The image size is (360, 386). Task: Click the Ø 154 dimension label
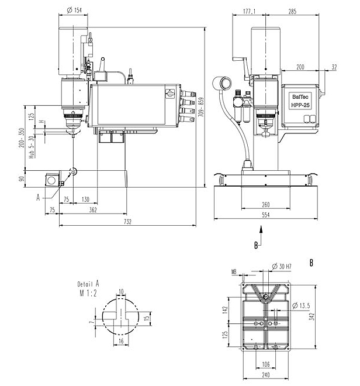(x=74, y=10)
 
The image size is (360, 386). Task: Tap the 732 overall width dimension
(x=127, y=222)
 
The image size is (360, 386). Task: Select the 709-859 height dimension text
(x=201, y=107)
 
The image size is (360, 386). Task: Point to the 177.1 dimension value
(x=250, y=11)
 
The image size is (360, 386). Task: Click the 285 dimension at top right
(x=292, y=11)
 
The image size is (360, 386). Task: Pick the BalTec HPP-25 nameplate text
(x=300, y=101)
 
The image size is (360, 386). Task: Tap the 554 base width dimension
(x=266, y=215)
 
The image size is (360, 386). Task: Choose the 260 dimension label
(x=266, y=205)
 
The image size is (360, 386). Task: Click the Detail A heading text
(x=88, y=284)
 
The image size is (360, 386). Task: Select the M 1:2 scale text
(x=88, y=293)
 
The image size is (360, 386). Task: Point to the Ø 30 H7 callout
(x=282, y=266)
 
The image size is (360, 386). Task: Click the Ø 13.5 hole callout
(x=301, y=306)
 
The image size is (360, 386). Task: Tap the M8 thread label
(x=234, y=272)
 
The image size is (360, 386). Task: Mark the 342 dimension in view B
(x=312, y=316)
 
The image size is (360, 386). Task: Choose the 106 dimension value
(x=266, y=364)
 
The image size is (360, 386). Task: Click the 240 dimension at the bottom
(x=266, y=375)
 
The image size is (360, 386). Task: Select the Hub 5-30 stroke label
(x=31, y=147)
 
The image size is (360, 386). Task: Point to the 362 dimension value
(x=93, y=210)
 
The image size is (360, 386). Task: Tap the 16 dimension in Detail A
(x=121, y=341)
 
